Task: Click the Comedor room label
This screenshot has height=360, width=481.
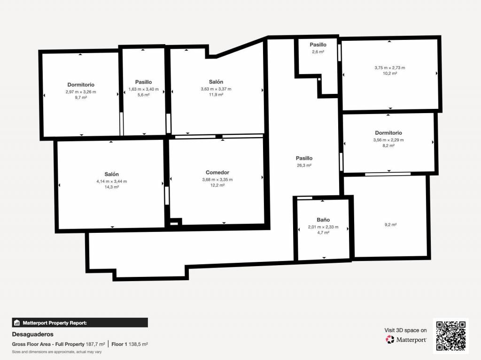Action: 217,172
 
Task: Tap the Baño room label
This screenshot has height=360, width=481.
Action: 323,220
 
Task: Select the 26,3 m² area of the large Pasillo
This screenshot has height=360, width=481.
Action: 304,165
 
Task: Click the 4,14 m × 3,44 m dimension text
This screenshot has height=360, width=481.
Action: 112,181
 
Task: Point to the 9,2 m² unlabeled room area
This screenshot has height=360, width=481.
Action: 390,224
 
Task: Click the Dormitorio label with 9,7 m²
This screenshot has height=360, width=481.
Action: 81,84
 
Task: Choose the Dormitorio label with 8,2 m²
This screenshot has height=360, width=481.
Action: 388,133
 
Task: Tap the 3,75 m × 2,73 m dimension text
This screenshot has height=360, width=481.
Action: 389,68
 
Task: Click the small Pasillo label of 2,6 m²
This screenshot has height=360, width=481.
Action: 318,45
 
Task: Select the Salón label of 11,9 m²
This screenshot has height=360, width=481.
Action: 216,82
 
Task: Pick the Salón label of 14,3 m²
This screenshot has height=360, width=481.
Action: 111,174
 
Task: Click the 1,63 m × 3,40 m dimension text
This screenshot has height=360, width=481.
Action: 144,89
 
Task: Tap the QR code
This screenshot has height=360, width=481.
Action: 451,336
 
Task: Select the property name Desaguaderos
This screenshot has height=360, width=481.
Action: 32,334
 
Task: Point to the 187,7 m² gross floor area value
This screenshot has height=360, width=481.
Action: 95,344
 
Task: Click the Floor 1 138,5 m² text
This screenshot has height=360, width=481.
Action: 130,344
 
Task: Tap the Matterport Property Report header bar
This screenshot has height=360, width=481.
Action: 80,322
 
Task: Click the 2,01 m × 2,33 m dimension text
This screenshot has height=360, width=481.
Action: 323,227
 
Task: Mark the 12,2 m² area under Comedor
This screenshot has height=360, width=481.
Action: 217,185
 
